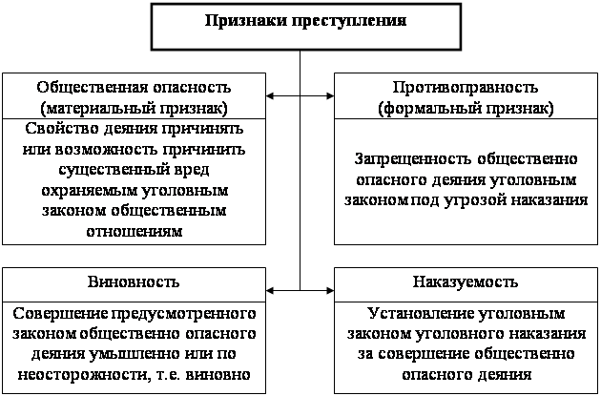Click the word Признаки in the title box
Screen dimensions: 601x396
tap(246, 21)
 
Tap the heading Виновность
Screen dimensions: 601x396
tap(134, 281)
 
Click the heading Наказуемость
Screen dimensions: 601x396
tap(466, 281)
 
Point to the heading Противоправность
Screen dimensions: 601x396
tap(466, 88)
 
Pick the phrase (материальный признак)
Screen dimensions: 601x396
tap(134, 109)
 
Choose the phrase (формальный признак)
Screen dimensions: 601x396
tap(466, 109)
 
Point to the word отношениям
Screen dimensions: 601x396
tap(135, 231)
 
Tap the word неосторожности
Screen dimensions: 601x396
tap(82, 375)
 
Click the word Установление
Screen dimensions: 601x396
tap(421, 313)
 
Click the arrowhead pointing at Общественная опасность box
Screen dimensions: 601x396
tap(270, 95)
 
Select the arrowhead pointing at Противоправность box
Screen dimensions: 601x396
tap(330, 95)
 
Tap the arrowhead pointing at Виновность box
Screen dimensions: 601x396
tap(270, 291)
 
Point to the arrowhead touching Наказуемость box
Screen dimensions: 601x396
tap(330, 291)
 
